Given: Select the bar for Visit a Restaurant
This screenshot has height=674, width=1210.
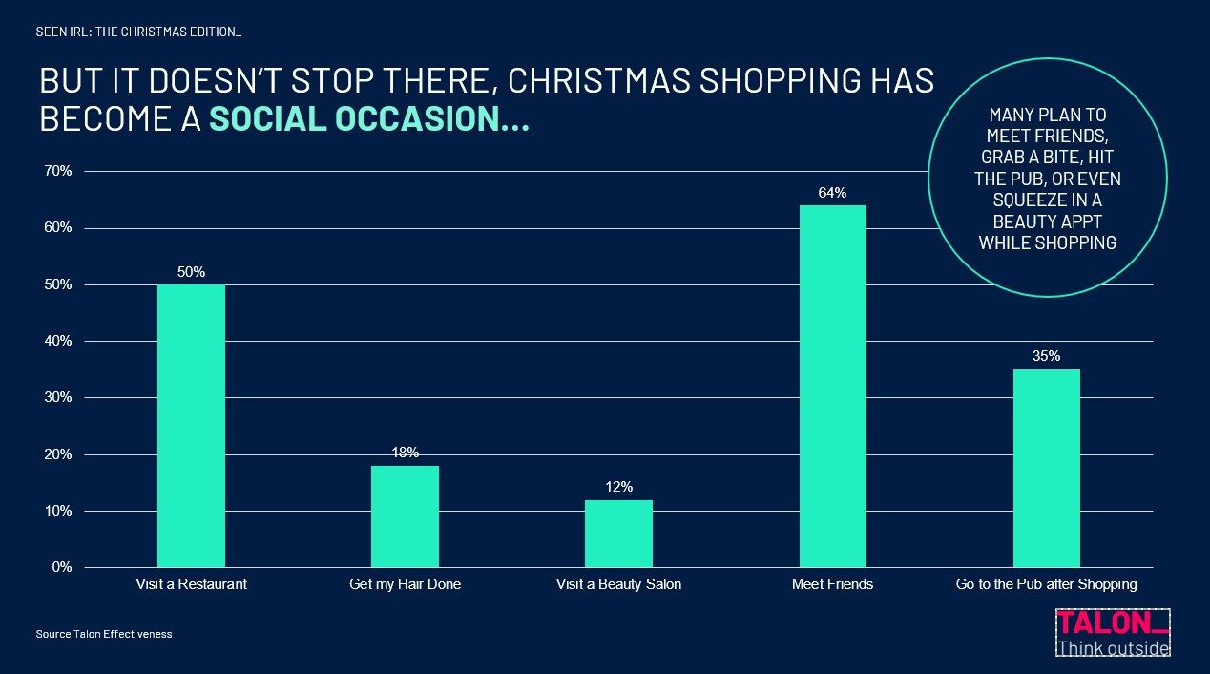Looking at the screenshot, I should (191, 426).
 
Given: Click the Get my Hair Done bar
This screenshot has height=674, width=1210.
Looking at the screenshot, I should (405, 516).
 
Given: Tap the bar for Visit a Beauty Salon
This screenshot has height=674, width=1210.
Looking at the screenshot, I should (618, 534).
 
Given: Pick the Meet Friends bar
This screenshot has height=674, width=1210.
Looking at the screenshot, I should (832, 386).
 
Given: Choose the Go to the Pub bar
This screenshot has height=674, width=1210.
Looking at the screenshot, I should (1046, 468).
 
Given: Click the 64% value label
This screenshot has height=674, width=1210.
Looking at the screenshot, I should (832, 193).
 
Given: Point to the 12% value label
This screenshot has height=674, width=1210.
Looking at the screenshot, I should (618, 487).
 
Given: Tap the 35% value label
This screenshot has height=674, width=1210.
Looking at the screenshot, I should (1046, 357).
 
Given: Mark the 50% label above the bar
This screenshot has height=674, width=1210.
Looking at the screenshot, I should (191, 272).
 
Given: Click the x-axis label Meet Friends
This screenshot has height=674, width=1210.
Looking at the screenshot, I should (832, 584).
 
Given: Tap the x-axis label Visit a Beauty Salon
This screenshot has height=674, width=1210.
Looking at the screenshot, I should (618, 584).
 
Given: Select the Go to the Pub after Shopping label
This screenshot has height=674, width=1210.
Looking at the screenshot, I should (1046, 584).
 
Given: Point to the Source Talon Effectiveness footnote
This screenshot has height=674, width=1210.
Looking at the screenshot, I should (104, 634).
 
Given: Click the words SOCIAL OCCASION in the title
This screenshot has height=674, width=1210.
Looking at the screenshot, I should (368, 119).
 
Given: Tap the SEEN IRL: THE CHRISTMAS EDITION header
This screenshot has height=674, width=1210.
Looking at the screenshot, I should (138, 32).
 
